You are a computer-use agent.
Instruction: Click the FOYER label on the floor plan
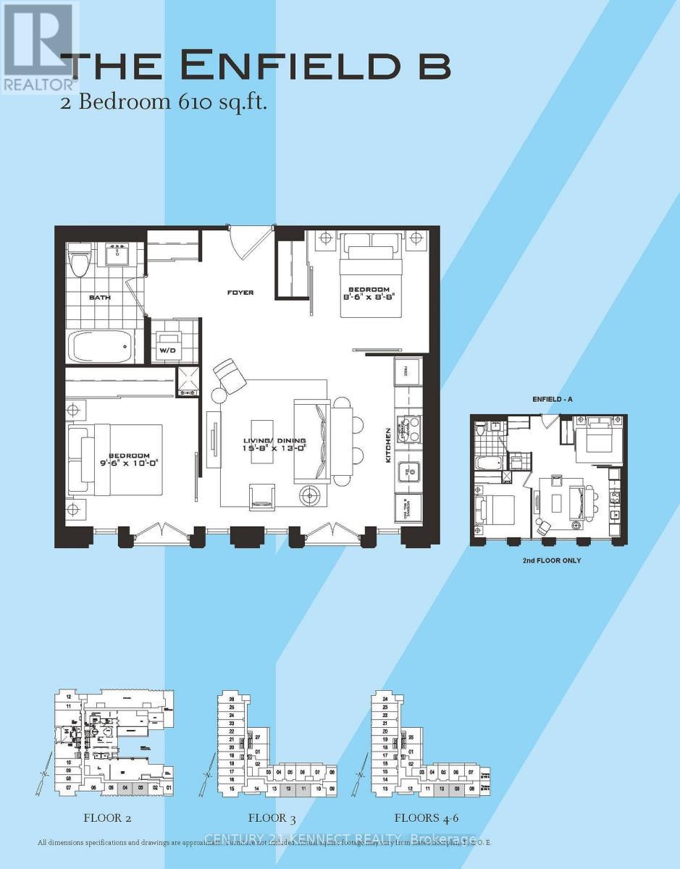(240, 293)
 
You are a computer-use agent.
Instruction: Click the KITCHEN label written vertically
(389, 445)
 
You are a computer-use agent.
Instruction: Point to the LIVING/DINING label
(274, 441)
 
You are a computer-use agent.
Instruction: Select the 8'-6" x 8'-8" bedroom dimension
(372, 295)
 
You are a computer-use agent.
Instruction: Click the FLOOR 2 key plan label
(107, 818)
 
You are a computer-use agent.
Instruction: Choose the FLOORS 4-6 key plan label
(427, 818)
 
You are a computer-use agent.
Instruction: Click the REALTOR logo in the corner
(38, 47)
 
